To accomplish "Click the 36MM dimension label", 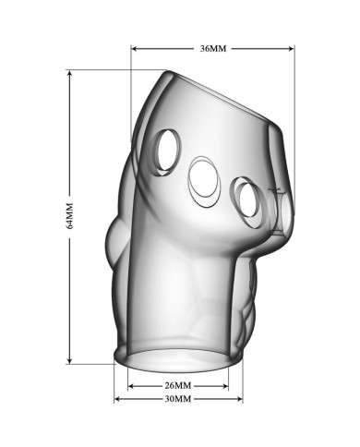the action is pos(213,48).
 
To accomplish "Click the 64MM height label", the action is pos(70,216).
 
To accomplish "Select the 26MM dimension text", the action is pos(178,385).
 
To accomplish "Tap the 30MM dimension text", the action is pos(178,399).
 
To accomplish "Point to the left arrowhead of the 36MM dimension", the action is pos(134,48).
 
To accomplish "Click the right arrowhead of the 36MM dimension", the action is pos(292,48).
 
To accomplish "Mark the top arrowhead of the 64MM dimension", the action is pos(70,73).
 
